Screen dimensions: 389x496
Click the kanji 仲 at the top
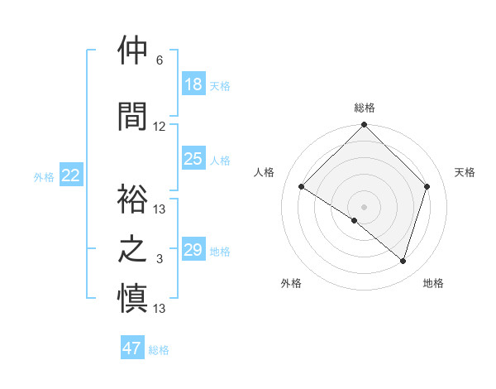tap(133, 51)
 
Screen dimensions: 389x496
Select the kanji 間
tap(133, 116)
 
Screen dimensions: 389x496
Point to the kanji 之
tap(133, 249)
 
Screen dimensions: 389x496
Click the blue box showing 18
tap(193, 84)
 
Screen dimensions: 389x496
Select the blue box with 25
tap(193, 159)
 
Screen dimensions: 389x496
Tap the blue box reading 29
tap(193, 250)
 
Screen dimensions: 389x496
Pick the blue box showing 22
tap(71, 175)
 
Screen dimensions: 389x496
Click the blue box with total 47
tap(132, 348)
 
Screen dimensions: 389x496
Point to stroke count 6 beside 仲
tap(160, 60)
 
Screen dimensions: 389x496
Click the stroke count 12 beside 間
tap(160, 127)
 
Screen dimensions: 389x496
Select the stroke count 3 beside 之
tap(160, 259)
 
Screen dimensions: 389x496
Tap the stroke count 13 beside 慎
tap(160, 309)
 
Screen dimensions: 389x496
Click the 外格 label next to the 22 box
tap(44, 176)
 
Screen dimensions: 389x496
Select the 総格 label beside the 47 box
tap(159, 350)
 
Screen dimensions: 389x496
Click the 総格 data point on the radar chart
tap(364, 126)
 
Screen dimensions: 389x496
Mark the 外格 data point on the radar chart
tap(355, 221)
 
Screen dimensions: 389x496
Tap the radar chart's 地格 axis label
tap(433, 283)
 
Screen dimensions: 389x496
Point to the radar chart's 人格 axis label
tap(265, 172)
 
